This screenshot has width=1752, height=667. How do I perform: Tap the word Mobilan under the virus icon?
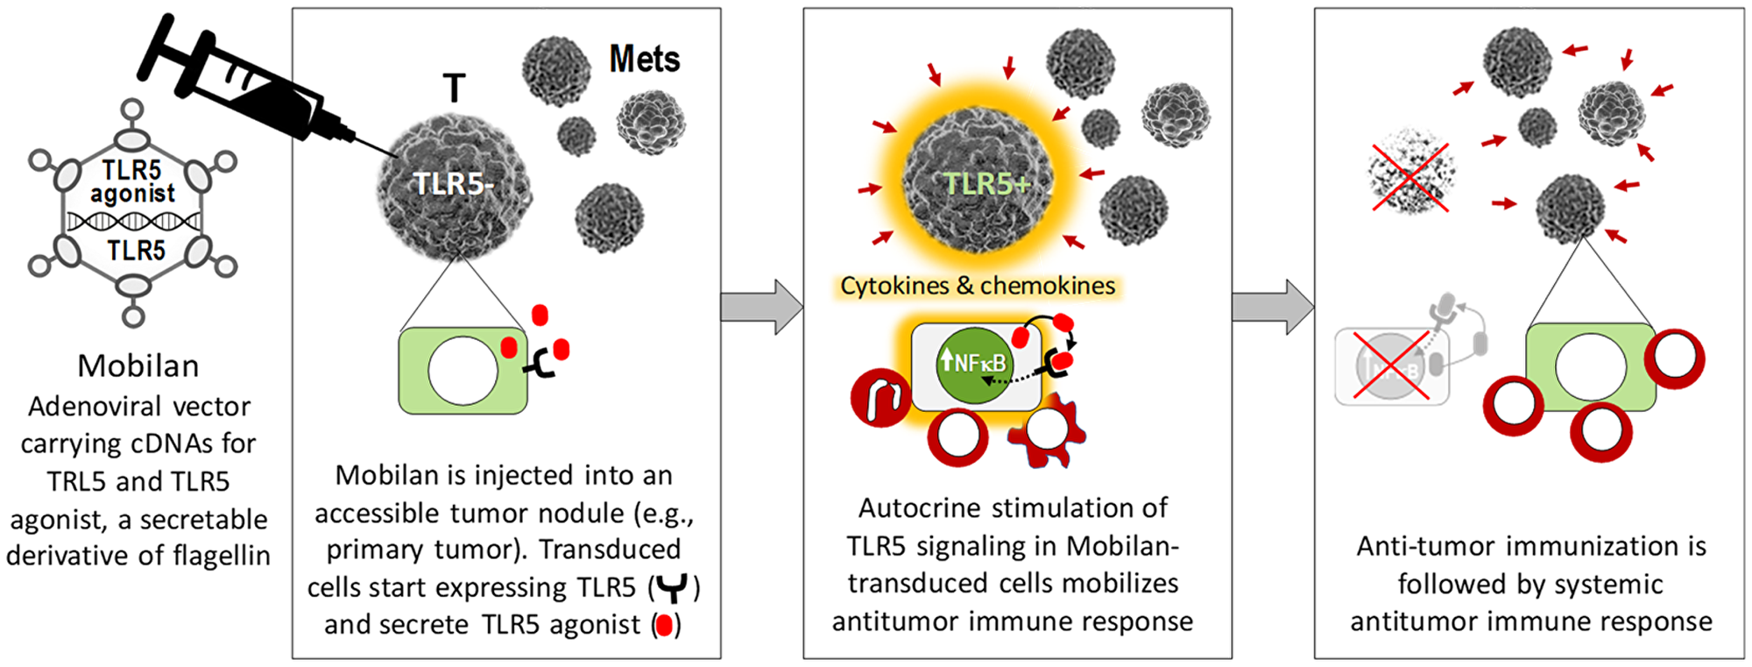tap(138, 365)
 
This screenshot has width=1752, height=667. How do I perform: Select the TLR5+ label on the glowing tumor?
tap(986, 184)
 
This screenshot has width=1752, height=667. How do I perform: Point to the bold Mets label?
tap(645, 60)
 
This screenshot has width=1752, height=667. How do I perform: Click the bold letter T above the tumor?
tap(454, 89)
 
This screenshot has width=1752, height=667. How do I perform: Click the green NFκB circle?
tap(973, 363)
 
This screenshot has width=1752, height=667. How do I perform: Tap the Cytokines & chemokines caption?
tap(978, 286)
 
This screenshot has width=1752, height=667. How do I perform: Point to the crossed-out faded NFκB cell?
tap(1391, 367)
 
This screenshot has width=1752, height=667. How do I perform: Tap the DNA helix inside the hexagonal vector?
tap(134, 222)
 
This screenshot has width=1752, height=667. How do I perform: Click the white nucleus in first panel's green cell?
tap(463, 371)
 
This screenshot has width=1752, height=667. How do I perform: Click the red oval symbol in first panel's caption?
tap(665, 626)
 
